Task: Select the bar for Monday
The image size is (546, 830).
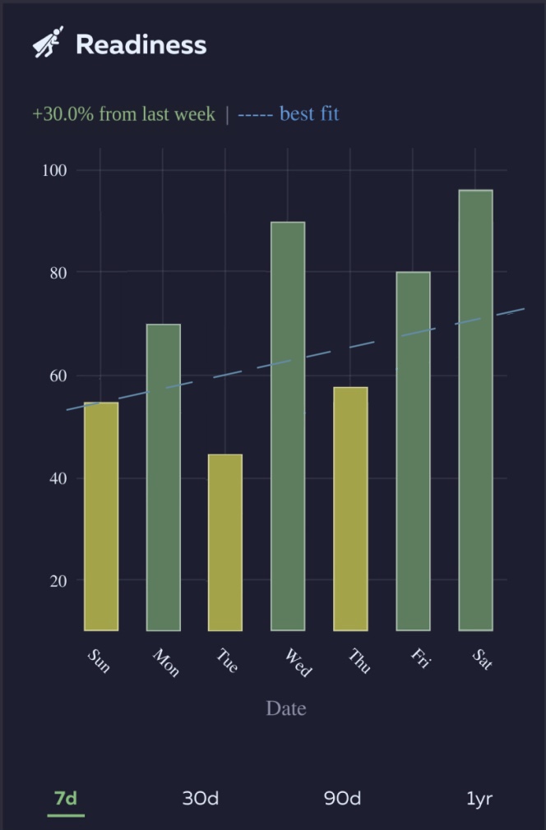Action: pos(164,477)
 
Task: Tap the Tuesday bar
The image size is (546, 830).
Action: pos(225,542)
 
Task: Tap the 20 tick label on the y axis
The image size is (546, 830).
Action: pos(58,580)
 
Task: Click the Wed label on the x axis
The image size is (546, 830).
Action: pos(298,662)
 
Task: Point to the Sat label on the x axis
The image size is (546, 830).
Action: pos(483,659)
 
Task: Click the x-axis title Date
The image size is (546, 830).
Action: pos(286,708)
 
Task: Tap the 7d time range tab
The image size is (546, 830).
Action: pos(66,798)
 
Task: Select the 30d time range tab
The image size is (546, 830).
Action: pos(201,798)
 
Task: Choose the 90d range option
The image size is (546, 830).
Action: pos(342,798)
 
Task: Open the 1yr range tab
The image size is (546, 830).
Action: pos(479,798)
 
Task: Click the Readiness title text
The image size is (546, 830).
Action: pos(141,44)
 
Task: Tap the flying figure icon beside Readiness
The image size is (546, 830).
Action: pos(49,42)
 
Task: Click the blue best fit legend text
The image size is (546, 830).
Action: pos(309,113)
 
